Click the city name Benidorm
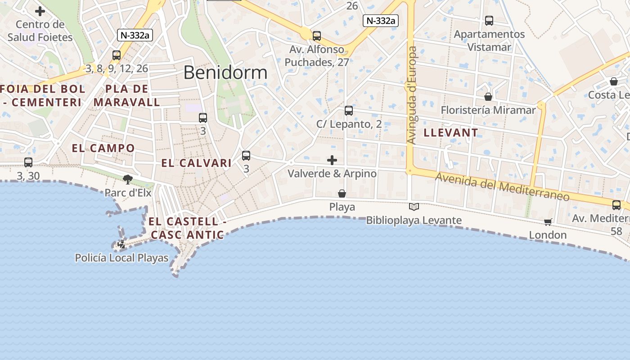point(225,72)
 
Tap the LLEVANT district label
point(450,132)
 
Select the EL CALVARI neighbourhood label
point(196,163)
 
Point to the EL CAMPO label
point(103,148)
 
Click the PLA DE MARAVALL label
point(126,95)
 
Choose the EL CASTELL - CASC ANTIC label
point(187,228)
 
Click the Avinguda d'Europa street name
point(411,95)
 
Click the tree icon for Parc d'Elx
point(128,180)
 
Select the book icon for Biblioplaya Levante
point(414,207)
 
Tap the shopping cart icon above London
point(548,222)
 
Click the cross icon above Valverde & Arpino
point(332,160)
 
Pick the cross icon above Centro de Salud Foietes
point(40,11)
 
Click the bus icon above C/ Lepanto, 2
point(349,111)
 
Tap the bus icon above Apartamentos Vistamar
point(489,21)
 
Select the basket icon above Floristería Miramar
point(488,97)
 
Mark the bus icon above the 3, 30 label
point(28,162)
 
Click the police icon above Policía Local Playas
point(121,244)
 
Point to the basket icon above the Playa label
point(342,193)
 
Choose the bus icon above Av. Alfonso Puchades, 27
point(317,36)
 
